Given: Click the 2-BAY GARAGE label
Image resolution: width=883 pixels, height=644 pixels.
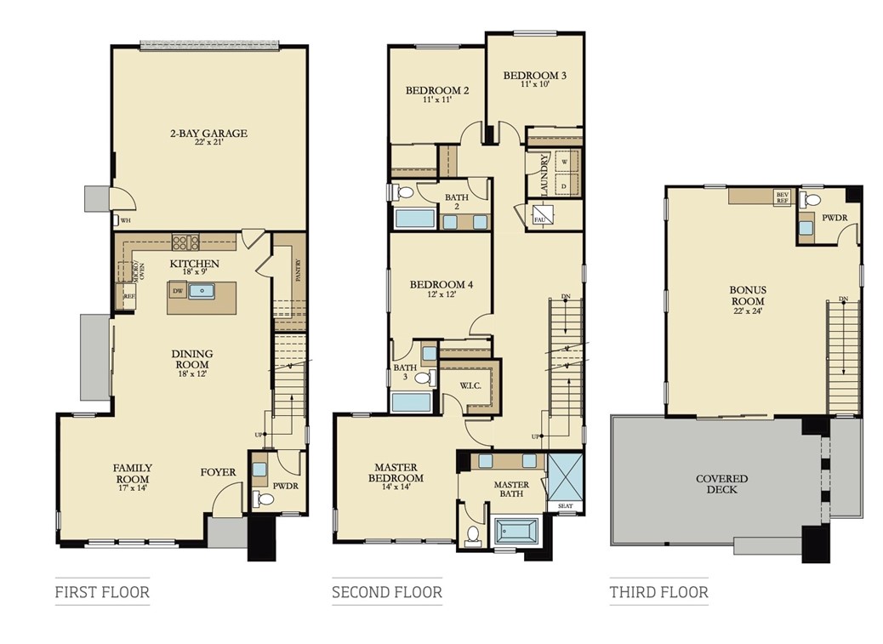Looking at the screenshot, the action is [x=209, y=134].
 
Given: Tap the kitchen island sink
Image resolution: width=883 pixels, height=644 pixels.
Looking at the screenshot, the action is [x=201, y=291].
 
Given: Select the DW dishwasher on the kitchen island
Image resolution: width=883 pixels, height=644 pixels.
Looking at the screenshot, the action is [x=178, y=291].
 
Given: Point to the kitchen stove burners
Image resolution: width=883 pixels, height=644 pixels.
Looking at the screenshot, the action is [x=185, y=242].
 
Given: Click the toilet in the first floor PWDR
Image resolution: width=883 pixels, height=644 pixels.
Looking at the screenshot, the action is [x=262, y=499].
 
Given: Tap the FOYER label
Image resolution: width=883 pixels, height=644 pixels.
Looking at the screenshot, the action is [x=218, y=472].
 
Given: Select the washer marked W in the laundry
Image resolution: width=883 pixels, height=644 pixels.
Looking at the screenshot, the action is [x=564, y=162].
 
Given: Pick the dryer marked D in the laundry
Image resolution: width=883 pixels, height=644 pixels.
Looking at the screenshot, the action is [x=564, y=185].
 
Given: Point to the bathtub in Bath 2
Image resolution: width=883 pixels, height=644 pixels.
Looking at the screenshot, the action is [x=415, y=219].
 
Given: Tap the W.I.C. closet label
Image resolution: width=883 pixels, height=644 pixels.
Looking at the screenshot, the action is [x=470, y=386].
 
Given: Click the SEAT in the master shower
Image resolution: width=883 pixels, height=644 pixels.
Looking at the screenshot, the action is [x=565, y=506].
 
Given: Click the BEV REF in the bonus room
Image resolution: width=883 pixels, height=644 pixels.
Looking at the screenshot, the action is [x=783, y=197].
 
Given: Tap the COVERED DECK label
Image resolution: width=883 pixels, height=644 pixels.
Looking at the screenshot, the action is [x=722, y=484].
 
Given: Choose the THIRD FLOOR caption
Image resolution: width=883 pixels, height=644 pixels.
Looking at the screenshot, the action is [x=659, y=592].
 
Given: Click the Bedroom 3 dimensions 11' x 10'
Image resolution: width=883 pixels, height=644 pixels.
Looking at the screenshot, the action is [x=534, y=84].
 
